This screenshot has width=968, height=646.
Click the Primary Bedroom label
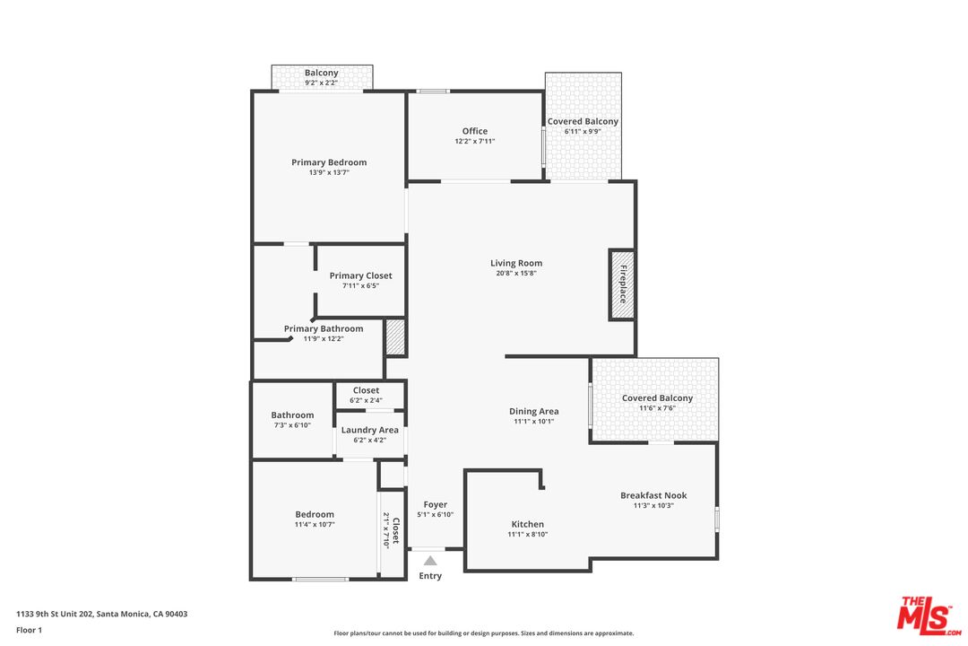pos(329,162)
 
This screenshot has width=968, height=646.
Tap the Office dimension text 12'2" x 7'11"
pos(474,142)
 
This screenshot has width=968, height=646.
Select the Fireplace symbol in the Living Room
pos(622,285)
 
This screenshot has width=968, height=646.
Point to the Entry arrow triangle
pos(430,561)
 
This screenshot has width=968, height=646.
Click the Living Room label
pos(516,263)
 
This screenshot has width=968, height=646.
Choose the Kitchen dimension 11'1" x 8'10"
pos(527,535)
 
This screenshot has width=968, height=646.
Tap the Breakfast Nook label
pos(653,495)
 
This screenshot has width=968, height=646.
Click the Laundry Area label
pos(369,430)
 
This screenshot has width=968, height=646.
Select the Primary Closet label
pos(360,275)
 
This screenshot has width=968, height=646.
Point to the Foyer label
pos(436,504)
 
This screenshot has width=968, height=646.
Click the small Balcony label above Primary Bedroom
pos(321,73)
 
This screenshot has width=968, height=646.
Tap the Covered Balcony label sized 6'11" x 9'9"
pos(583,121)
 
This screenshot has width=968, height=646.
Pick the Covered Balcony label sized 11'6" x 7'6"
pos(657,397)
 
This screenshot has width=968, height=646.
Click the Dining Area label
pos(534,411)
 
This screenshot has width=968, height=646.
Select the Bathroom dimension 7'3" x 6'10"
pos(292,425)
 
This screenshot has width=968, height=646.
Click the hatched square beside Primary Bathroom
pos(395,337)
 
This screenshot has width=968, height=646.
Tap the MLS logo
pos(929,613)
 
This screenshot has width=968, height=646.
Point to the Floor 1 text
pos(29,630)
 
